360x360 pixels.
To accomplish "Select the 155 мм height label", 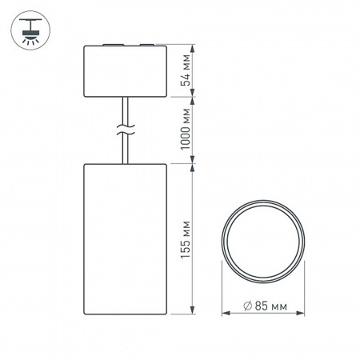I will tap(186, 238).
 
